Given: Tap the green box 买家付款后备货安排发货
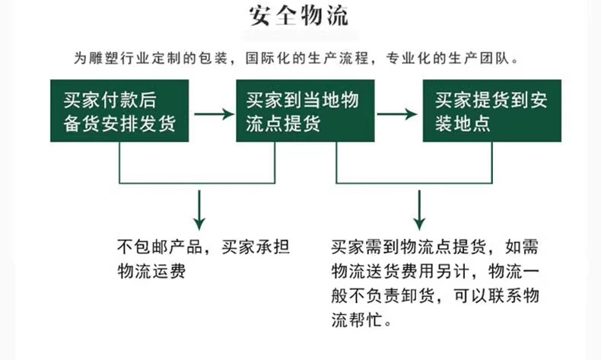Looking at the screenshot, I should click(120, 111).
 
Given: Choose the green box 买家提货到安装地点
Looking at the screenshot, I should click(491, 111).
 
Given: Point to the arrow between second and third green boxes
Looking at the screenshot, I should click(397, 114).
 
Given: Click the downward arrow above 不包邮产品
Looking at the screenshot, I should click(199, 212).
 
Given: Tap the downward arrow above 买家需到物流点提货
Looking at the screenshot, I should click(418, 212).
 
